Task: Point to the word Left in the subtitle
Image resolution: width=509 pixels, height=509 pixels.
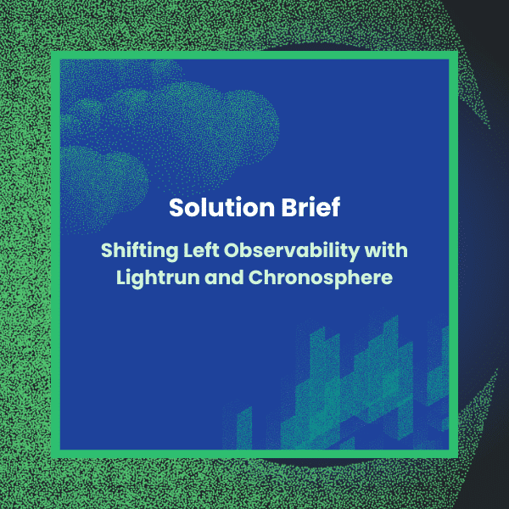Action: click(194, 251)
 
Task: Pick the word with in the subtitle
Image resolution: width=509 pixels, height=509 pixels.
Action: click(389, 251)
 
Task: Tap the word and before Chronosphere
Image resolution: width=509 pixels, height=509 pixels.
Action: click(229, 277)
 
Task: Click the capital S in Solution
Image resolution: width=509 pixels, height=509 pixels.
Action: click(176, 208)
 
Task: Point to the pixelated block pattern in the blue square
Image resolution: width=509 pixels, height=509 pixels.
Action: click(356, 382)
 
